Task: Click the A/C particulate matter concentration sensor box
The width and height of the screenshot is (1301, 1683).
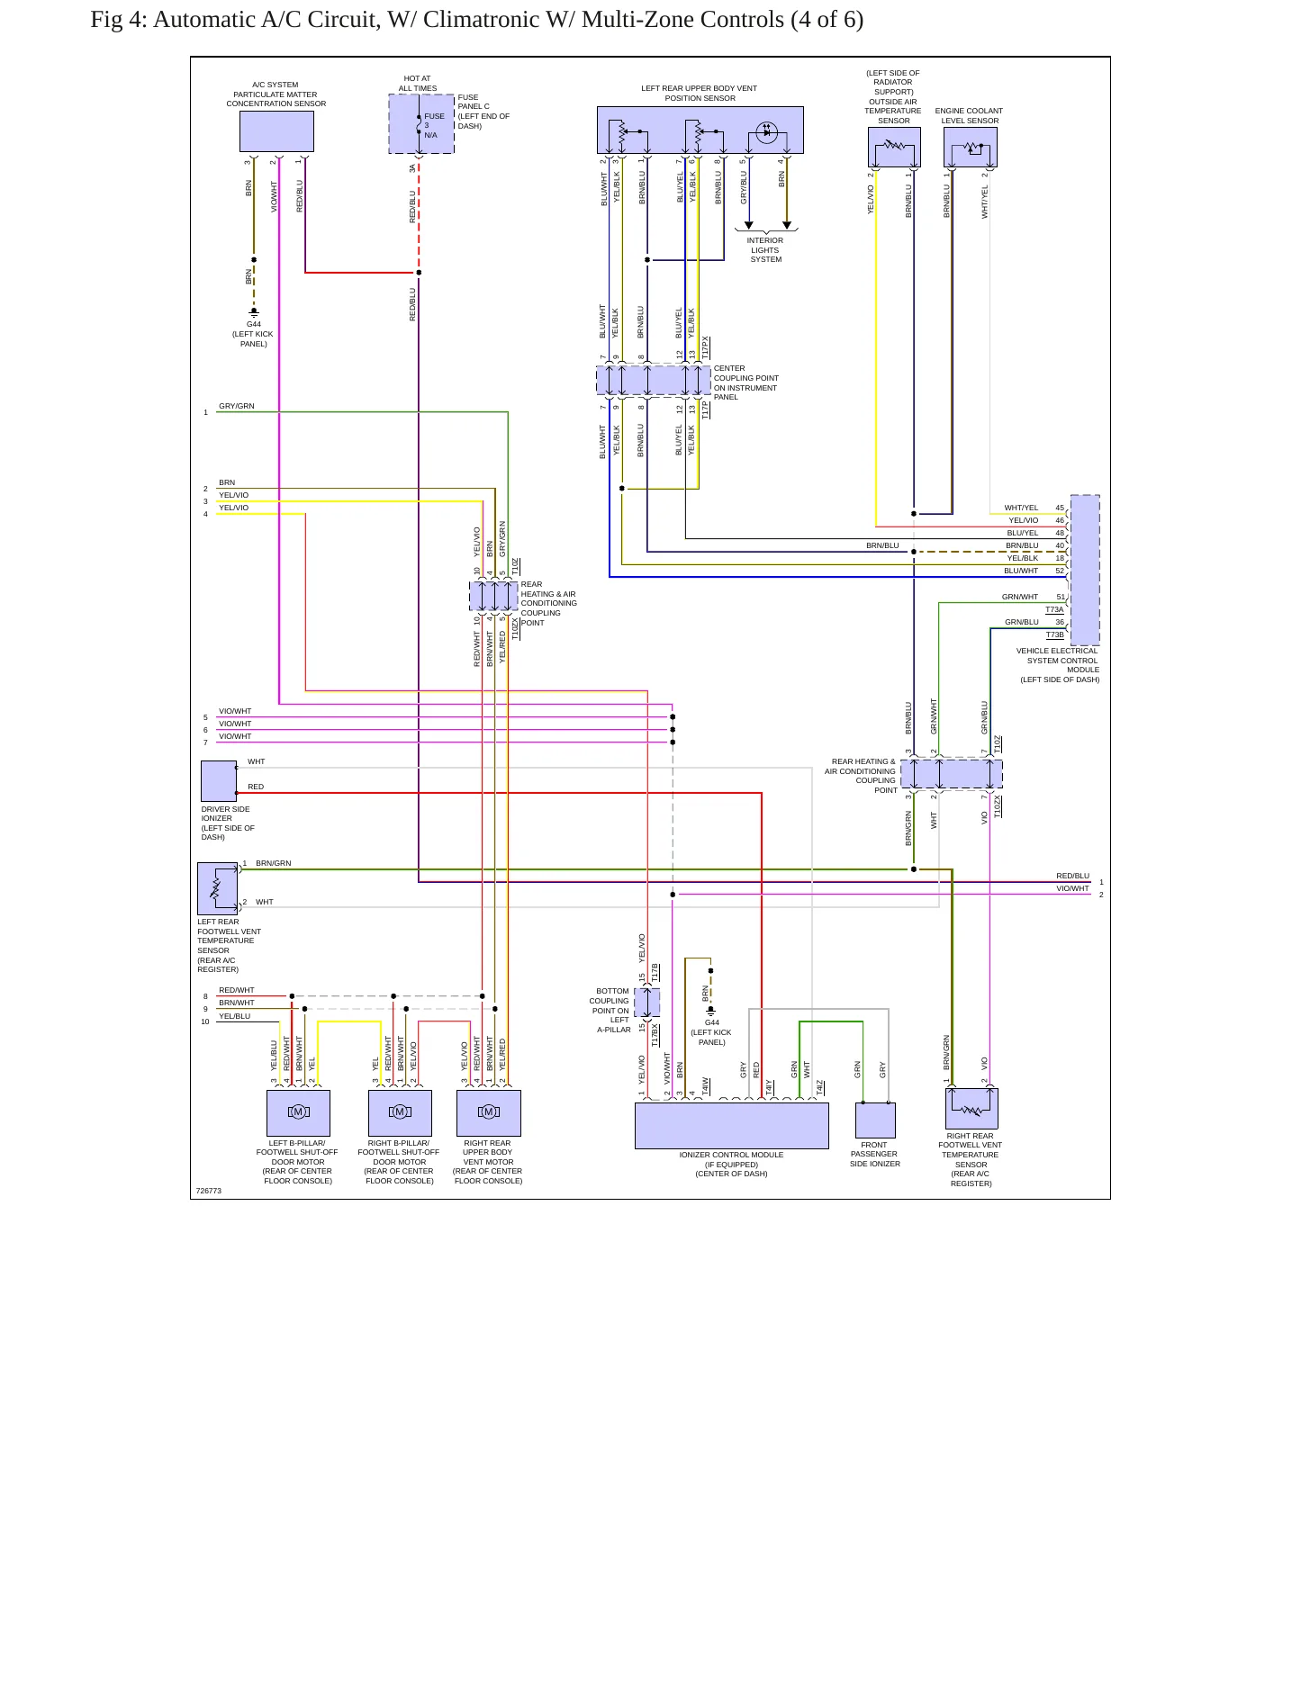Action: [276, 131]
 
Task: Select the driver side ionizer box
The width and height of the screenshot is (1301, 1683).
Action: [219, 781]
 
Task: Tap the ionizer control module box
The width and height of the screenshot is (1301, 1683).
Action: [732, 1126]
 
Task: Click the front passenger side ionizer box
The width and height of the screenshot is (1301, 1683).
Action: [875, 1120]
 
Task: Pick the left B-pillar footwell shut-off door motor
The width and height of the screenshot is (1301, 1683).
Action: [298, 1113]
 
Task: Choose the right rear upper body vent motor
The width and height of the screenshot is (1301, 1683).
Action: [489, 1113]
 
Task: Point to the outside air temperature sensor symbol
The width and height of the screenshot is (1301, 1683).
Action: [894, 147]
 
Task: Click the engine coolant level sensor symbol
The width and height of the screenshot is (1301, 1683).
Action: [971, 147]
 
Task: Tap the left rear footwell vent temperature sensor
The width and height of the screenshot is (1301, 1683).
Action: [218, 888]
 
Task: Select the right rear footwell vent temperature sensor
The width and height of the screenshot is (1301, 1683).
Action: [971, 1108]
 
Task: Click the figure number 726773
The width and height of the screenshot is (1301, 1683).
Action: [209, 1191]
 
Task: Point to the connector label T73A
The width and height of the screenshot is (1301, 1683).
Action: [1054, 609]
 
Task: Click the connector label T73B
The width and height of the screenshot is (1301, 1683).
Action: [1054, 634]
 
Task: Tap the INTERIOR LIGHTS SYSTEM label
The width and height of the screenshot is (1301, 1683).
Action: [765, 250]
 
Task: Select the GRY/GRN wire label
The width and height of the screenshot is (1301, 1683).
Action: [237, 406]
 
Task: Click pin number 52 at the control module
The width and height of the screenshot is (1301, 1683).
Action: [1060, 571]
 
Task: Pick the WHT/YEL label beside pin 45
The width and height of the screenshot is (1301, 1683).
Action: [1021, 508]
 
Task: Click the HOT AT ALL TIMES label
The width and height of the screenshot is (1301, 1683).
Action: [418, 84]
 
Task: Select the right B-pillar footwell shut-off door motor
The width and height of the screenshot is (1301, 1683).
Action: [400, 1113]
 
